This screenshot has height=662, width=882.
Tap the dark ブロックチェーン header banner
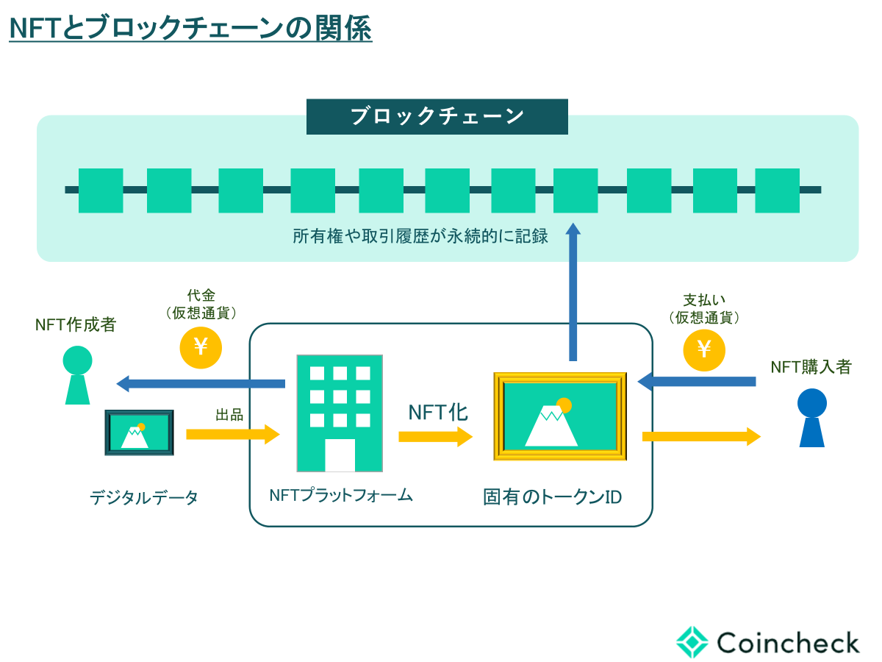pyautogui.click(x=437, y=117)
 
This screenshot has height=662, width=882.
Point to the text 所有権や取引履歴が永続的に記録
pyautogui.click(x=420, y=237)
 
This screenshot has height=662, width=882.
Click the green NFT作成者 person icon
pyautogui.click(x=77, y=375)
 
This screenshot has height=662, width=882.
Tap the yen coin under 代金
pyautogui.click(x=201, y=347)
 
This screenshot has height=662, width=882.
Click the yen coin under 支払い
pyautogui.click(x=704, y=349)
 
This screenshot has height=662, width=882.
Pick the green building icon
pyautogui.click(x=340, y=413)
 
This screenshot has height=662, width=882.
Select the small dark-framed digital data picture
pyautogui.click(x=139, y=433)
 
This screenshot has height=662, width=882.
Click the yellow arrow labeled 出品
pyautogui.click(x=233, y=434)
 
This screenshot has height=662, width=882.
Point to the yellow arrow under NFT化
pyautogui.click(x=435, y=437)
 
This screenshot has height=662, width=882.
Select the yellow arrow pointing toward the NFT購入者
pyautogui.click(x=700, y=436)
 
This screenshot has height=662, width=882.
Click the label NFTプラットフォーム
pyautogui.click(x=341, y=495)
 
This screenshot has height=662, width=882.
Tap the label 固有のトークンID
pyautogui.click(x=552, y=497)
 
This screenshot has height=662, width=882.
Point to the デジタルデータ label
pyautogui.click(x=144, y=498)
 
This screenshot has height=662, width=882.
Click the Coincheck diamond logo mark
pyautogui.click(x=692, y=641)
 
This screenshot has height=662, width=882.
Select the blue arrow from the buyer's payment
pyautogui.click(x=696, y=381)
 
